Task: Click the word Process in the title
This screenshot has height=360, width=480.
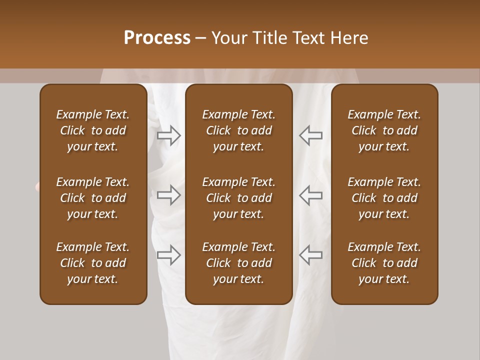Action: (157, 38)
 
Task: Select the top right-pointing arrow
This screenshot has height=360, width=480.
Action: (168, 135)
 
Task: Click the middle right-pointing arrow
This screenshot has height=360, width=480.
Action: (168, 195)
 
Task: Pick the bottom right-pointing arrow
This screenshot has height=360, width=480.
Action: (168, 255)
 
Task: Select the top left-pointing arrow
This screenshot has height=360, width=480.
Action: (311, 135)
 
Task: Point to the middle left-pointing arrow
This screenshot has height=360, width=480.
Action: (311, 195)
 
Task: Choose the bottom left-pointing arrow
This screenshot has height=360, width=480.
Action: (311, 255)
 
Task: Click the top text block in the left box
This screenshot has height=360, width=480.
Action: (93, 130)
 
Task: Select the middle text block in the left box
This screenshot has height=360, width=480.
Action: (93, 198)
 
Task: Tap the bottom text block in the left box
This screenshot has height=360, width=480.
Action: (93, 263)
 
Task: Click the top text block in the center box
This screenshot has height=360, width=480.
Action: (238, 130)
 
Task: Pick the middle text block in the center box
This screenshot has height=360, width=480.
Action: (238, 198)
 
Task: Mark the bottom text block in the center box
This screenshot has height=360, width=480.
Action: (238, 263)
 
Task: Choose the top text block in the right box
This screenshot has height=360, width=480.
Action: (384, 130)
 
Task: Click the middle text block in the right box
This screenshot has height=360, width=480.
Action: (384, 198)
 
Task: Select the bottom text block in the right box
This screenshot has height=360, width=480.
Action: (384, 263)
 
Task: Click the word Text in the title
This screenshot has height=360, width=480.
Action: (309, 38)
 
